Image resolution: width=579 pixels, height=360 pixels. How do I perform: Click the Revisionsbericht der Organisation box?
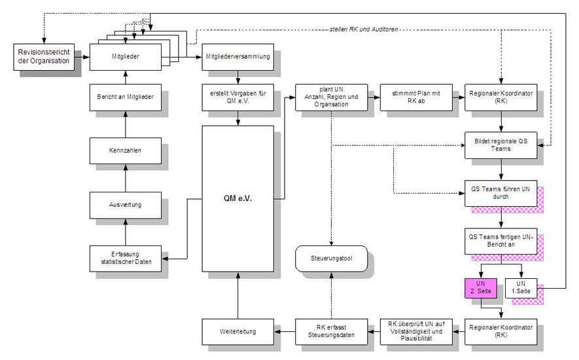pos(44,57)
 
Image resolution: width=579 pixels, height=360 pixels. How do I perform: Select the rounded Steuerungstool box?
pos(332,259)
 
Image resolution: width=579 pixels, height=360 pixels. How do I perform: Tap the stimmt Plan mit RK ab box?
pos(417,98)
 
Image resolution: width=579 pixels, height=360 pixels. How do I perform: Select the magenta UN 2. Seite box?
pos(481,287)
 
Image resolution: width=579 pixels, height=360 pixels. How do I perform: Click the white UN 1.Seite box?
pos(521,287)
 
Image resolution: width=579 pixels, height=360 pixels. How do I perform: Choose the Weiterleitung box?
pos(237,332)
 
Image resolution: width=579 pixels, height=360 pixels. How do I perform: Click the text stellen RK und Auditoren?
pos(364,29)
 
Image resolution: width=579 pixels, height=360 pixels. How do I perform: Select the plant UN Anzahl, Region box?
pos(332,98)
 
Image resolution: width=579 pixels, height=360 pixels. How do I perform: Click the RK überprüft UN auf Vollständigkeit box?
pos(417,332)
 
